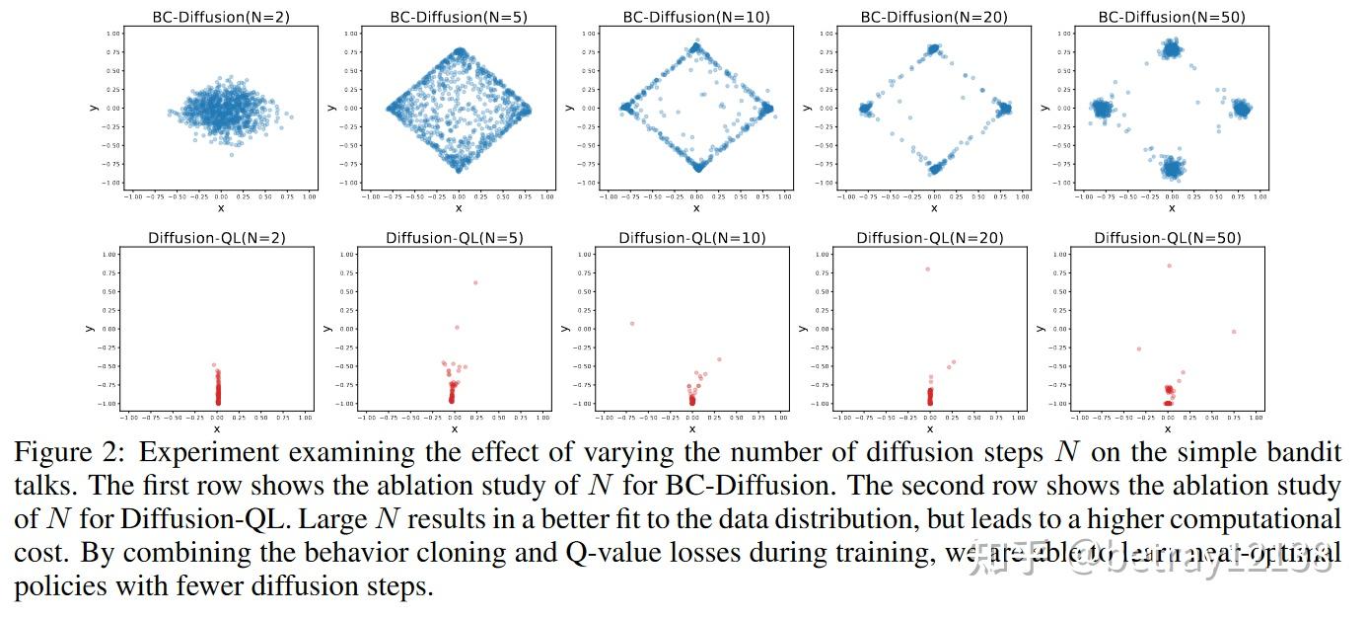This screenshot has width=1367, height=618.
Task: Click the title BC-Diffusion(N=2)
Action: click(220, 17)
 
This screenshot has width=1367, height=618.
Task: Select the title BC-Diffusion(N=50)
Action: click(1171, 17)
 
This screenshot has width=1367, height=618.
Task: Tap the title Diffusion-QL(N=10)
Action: click(691, 238)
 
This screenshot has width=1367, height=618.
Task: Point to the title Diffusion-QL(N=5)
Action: click(454, 238)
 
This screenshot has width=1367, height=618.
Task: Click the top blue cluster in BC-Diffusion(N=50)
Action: click(1171, 48)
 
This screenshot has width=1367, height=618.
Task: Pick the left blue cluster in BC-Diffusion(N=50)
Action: click(1101, 109)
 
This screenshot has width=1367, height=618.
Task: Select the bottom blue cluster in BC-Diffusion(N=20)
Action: click(934, 167)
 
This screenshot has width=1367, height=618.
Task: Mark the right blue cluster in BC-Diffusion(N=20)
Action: click(1004, 109)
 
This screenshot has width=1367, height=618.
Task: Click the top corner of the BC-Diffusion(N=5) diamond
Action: click(460, 51)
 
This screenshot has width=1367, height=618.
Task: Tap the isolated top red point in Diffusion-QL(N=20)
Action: click(927, 269)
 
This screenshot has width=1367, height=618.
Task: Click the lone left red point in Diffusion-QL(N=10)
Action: click(631, 323)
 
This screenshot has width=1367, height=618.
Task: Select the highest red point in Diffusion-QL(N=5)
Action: click(475, 282)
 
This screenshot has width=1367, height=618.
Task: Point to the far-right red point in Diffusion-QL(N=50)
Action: click(1233, 332)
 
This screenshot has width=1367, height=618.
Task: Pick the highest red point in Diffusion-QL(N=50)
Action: click(1169, 265)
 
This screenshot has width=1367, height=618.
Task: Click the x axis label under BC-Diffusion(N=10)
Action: click(696, 208)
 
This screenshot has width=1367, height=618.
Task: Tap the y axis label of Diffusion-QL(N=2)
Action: click(89, 329)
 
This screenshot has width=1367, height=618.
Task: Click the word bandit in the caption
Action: click(1298, 453)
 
